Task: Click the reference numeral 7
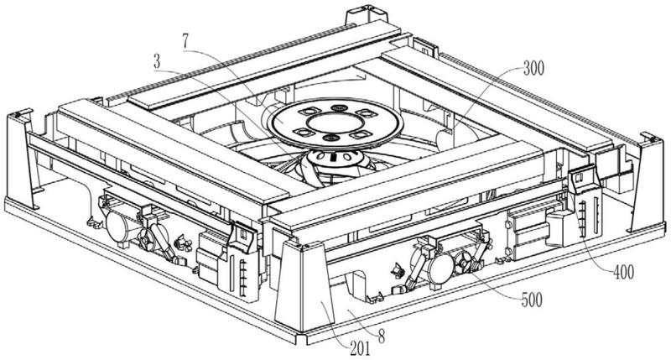[185, 41]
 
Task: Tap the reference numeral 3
[157, 62]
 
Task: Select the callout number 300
[533, 69]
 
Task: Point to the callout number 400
[623, 272]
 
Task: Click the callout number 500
[532, 300]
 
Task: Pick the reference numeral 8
[381, 337]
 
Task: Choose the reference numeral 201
[360, 349]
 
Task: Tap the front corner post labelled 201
[303, 288]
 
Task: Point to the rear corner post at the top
[367, 14]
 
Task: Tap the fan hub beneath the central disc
[334, 159]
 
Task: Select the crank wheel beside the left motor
[148, 241]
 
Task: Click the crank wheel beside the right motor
[464, 262]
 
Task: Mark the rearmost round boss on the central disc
[340, 107]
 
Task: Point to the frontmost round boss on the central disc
[330, 138]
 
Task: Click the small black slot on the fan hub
[332, 157]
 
